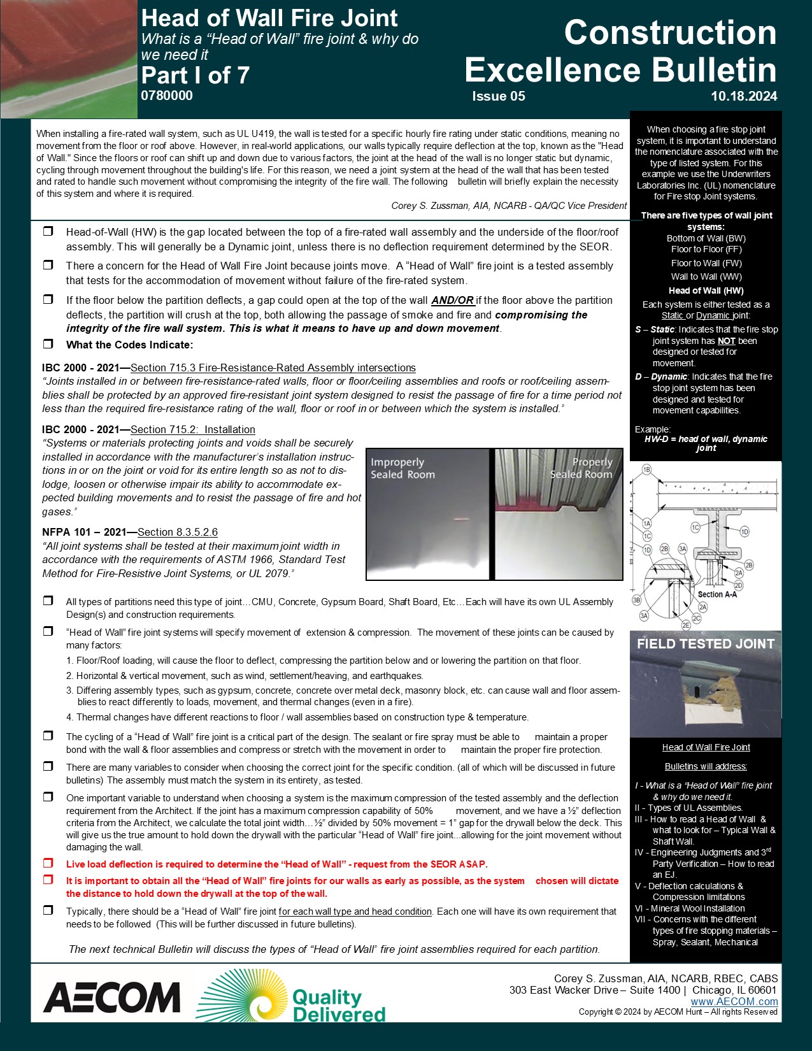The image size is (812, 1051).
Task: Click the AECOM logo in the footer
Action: click(x=112, y=997)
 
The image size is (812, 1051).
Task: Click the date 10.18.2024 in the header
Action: click(x=744, y=97)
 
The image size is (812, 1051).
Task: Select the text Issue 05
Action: click(x=499, y=97)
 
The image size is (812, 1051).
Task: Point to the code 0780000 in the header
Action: click(x=167, y=96)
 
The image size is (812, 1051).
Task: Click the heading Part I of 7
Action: click(x=195, y=75)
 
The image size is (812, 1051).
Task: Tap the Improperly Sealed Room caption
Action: click(x=402, y=468)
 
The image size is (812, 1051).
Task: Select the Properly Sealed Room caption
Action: click(x=581, y=468)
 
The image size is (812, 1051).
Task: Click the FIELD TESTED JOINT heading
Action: click(x=706, y=644)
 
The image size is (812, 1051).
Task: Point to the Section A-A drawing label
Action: click(x=719, y=594)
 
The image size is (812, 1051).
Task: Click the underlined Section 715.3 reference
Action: click(x=273, y=368)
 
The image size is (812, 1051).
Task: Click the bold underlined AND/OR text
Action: click(x=452, y=300)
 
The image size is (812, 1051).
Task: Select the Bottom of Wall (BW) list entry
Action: click(x=706, y=238)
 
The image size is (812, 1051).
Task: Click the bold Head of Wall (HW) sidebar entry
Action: click(x=706, y=290)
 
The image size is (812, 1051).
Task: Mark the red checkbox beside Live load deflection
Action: click(x=48, y=864)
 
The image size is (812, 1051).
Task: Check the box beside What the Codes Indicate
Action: click(x=48, y=344)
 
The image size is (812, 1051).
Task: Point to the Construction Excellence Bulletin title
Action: click(x=621, y=51)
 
